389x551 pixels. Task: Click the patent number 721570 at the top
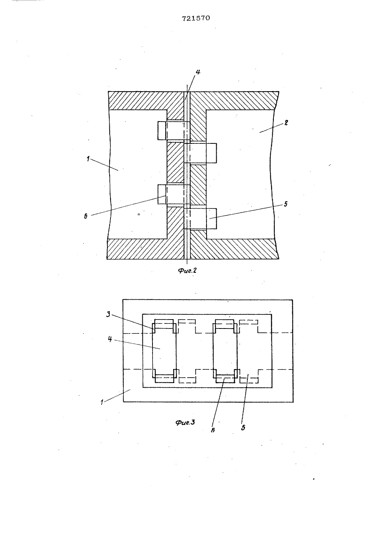[x=196, y=18]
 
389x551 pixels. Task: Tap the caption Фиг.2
[x=187, y=270]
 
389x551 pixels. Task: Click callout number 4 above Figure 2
[x=198, y=72]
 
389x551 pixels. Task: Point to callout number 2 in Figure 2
[x=286, y=122]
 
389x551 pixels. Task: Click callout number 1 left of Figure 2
[x=88, y=159]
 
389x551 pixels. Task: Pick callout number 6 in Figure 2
[x=86, y=217]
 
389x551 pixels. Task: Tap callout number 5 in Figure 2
[x=286, y=204]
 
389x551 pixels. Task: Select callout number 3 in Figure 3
[x=108, y=314]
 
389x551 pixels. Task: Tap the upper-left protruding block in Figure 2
[x=174, y=131]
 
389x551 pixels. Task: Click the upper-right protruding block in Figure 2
[x=200, y=153]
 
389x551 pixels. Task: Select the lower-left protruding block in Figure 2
[x=174, y=194]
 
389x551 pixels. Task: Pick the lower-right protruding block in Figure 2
[x=200, y=219]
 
